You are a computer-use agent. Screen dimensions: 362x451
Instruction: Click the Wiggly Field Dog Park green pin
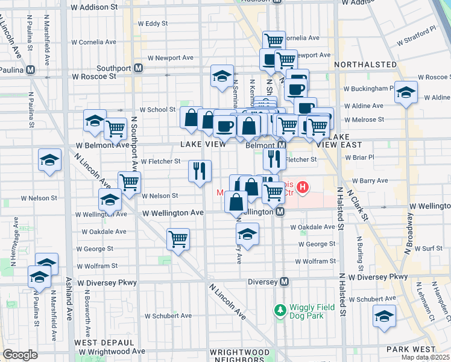[x=280, y=311]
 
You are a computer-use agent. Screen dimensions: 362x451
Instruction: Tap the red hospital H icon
[x=303, y=188]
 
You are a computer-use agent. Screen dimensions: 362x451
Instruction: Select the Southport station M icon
[x=138, y=68]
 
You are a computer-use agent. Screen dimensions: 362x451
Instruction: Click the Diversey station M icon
[x=285, y=282]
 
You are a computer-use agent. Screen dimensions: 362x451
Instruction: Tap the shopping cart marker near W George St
[x=178, y=239]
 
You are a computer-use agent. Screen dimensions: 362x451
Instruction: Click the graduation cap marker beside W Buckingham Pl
[x=406, y=92]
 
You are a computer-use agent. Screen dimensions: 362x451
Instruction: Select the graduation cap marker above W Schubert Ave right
[x=384, y=316]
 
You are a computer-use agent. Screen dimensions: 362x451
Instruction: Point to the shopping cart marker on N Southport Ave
[x=129, y=182]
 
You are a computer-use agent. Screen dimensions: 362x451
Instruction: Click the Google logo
[x=20, y=355]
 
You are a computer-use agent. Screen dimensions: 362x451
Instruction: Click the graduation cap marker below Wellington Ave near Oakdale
[x=247, y=233]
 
